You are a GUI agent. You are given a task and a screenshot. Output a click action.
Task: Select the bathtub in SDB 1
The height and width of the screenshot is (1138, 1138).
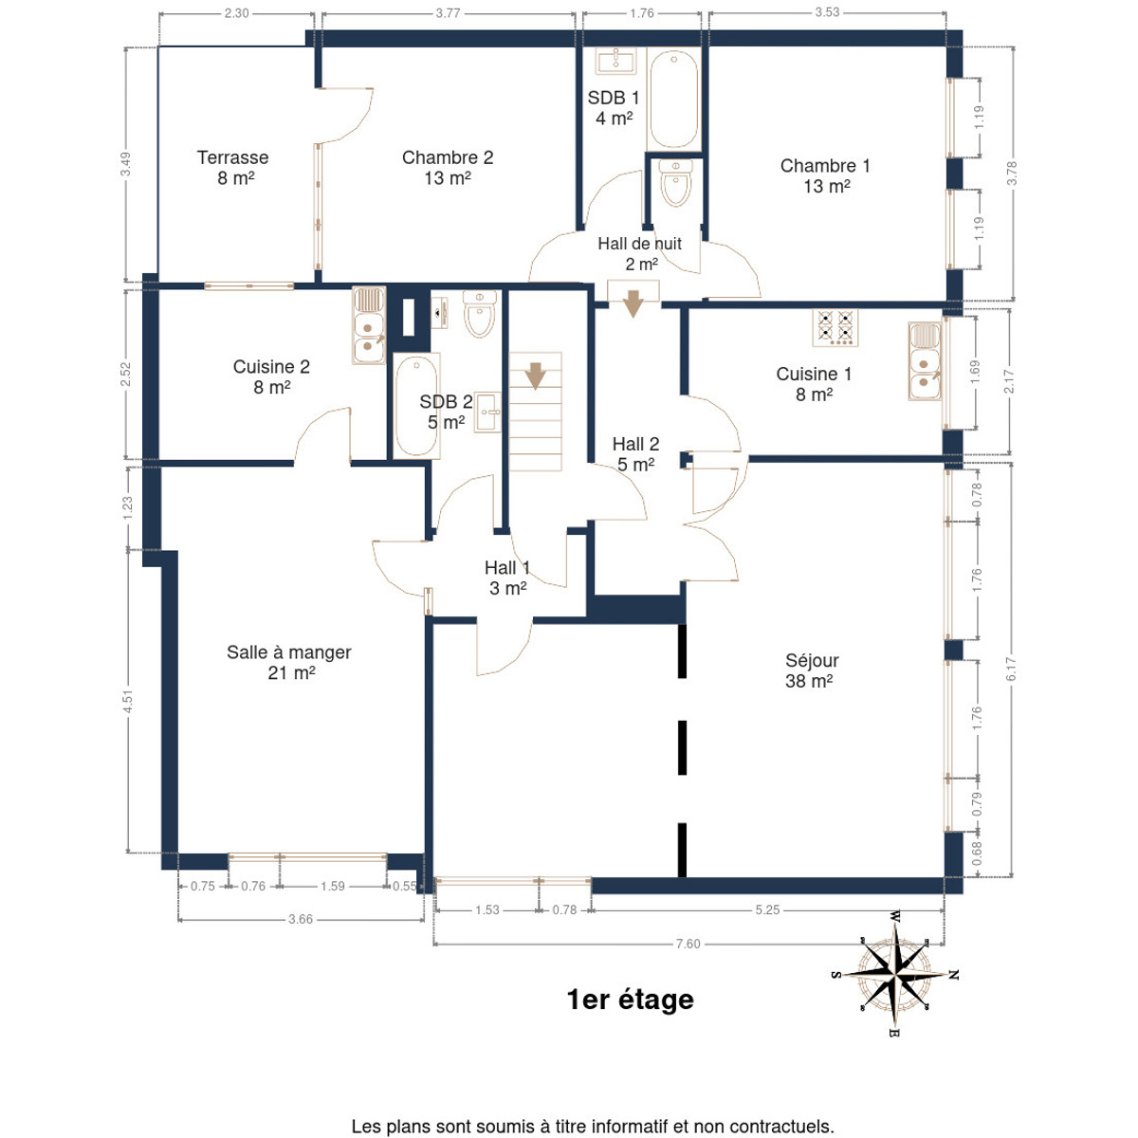[x=673, y=101]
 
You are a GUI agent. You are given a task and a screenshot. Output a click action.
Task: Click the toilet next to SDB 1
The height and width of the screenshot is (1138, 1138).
[x=675, y=183]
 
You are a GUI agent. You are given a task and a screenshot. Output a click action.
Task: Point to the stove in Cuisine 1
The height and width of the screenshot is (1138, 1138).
[x=835, y=327]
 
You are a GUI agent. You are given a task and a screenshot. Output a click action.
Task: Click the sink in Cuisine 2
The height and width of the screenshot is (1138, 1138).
[x=369, y=325]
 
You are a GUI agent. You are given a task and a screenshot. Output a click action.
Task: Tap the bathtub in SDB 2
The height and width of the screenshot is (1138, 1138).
[x=416, y=406]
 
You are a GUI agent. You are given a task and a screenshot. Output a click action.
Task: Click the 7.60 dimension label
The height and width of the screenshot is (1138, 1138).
[x=688, y=944]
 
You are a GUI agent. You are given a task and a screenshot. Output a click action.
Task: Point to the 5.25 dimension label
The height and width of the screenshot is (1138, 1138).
[x=767, y=910]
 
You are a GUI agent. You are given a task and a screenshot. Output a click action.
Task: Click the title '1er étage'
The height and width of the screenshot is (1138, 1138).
[x=630, y=1000]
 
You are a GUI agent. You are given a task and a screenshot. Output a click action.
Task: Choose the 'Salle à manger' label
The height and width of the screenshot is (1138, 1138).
[x=289, y=652]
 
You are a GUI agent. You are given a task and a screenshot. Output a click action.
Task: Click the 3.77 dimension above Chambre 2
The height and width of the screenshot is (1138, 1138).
[x=448, y=13]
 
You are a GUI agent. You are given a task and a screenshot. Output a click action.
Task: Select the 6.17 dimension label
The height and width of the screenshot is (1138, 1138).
[x=1010, y=670]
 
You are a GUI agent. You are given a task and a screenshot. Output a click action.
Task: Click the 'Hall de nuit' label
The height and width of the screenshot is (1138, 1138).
[x=639, y=244]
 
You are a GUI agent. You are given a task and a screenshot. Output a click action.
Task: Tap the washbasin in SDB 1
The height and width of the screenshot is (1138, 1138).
[x=616, y=62]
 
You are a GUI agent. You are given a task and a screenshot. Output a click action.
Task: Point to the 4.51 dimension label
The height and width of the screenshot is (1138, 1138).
[x=128, y=701]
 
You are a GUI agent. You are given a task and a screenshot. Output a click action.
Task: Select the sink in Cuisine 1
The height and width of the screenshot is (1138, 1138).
[x=925, y=361]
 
